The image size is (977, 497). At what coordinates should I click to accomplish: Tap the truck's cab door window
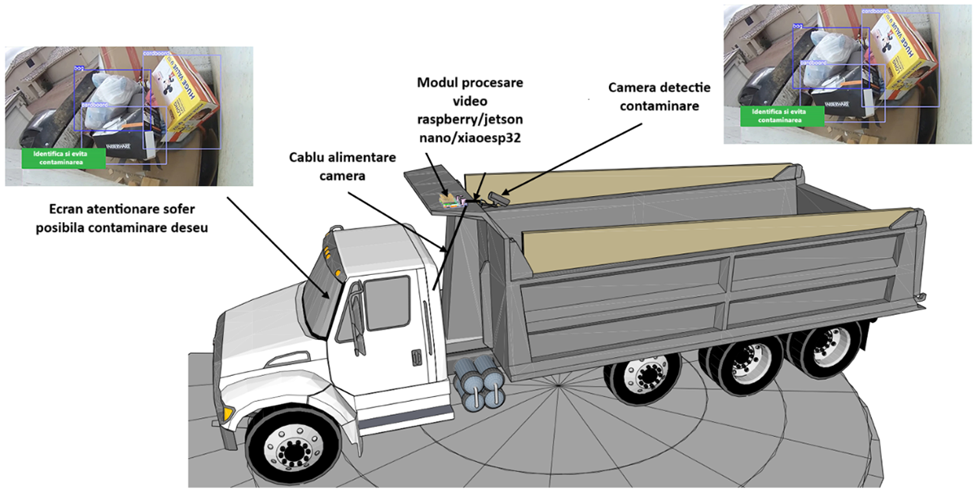tap(387, 303)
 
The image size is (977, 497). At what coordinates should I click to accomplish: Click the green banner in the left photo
tap(64, 158)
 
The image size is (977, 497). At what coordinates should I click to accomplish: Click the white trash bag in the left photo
tap(114, 94)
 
